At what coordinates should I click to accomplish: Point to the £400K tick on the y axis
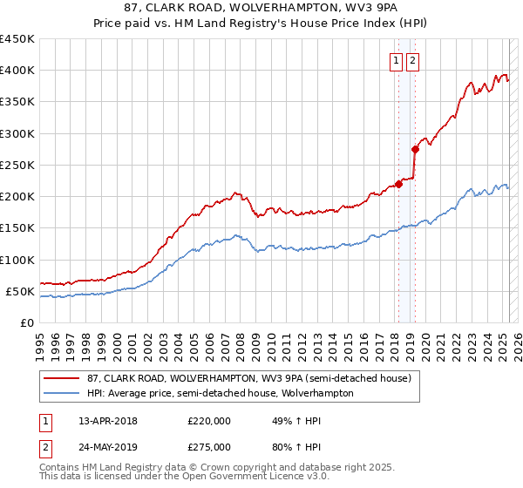[x=17, y=71]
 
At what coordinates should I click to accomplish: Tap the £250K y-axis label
[x=17, y=165]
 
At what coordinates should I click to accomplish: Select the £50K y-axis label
[x=21, y=291]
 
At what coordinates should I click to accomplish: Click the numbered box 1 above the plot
[x=397, y=61]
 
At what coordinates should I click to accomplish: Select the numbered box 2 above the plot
[x=412, y=61]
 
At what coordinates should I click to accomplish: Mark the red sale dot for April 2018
[x=398, y=184]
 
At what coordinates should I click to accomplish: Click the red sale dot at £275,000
[x=415, y=149]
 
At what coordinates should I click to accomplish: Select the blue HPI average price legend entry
[x=220, y=393]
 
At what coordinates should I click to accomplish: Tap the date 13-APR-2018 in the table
[x=108, y=421]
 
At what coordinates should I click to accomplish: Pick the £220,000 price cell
[x=209, y=421]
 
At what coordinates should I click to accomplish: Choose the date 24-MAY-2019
[x=108, y=447]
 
